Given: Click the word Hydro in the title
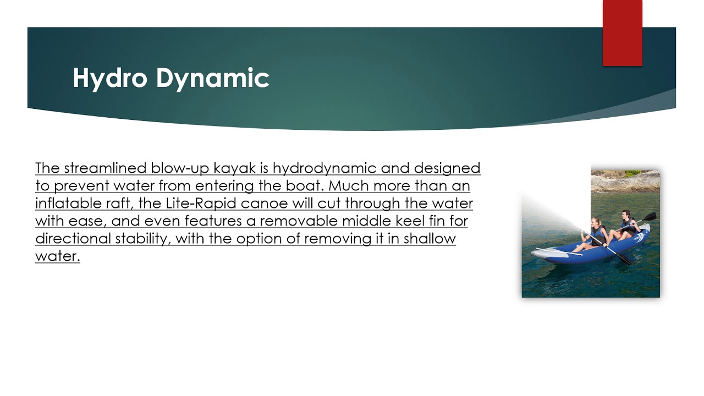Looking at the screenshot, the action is (110, 78).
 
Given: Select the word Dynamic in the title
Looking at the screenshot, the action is (213, 78).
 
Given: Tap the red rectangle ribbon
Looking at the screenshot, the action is (622, 33).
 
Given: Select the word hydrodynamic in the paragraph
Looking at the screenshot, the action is (324, 168).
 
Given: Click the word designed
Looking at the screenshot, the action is (447, 168).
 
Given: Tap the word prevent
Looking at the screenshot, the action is (81, 186).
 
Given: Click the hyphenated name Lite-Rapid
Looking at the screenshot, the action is (201, 204).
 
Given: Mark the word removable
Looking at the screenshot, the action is (299, 221).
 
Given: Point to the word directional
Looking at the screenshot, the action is (73, 238).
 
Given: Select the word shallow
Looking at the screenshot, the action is (430, 238).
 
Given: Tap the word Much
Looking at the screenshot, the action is (349, 185).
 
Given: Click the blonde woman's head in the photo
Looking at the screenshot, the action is (596, 222).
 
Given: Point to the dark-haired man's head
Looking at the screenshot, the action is (625, 215).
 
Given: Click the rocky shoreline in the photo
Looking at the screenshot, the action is (625, 182).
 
